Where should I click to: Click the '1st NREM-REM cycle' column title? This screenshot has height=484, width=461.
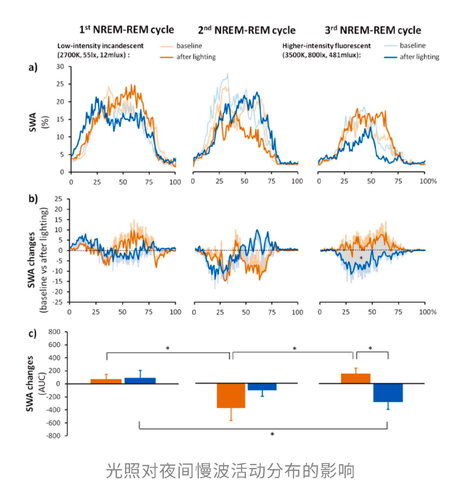pyautogui.click(x=127, y=30)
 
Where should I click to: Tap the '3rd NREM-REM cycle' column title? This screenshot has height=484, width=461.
pyautogui.click(x=373, y=30)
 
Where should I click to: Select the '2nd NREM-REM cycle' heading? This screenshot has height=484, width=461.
pyautogui.click(x=246, y=30)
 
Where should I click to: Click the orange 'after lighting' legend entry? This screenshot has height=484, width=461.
pyautogui.click(x=188, y=57)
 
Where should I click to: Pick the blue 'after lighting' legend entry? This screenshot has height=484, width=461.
pyautogui.click(x=412, y=57)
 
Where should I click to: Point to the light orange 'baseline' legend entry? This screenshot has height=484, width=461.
pyautogui.click(x=181, y=46)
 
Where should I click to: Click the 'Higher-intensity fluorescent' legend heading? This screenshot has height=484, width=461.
pyautogui.click(x=326, y=46)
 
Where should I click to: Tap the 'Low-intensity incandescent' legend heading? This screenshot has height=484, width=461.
pyautogui.click(x=100, y=46)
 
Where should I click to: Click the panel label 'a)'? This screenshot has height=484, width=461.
pyautogui.click(x=33, y=67)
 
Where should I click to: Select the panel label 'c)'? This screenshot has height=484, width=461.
pyautogui.click(x=32, y=333)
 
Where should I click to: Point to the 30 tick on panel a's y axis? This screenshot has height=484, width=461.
pyautogui.click(x=60, y=67)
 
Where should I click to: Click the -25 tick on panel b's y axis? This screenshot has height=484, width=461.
pyautogui.click(x=57, y=302)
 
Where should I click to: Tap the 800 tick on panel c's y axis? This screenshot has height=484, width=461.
pyautogui.click(x=54, y=332)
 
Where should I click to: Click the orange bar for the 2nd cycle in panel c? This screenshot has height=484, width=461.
pyautogui.click(x=231, y=395)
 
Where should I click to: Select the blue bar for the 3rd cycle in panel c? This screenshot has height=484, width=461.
pyautogui.click(x=388, y=392)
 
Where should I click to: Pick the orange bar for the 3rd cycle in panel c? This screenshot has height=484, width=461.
pyautogui.click(x=356, y=379)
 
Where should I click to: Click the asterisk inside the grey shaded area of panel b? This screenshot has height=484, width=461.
pyautogui.click(x=361, y=258)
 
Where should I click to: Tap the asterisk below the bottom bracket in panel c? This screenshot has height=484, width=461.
pyautogui.click(x=272, y=434)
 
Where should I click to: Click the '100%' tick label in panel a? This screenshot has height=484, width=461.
pyautogui.click(x=428, y=181)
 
